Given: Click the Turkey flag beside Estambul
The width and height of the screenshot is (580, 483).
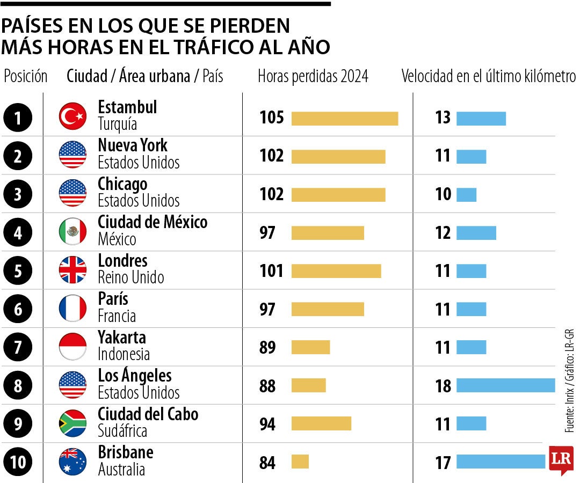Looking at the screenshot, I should pyautogui.click(x=73, y=117).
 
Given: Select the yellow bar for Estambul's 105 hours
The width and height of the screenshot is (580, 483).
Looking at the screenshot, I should pyautogui.click(x=344, y=118).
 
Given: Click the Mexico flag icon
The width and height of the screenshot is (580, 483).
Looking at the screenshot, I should pyautogui.click(x=73, y=232).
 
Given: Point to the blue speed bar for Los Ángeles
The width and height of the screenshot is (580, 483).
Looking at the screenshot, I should pyautogui.click(x=505, y=385).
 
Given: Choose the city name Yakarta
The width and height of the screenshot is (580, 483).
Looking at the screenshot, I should pyautogui.click(x=121, y=338).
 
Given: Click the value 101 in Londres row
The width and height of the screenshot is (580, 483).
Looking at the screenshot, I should pyautogui.click(x=271, y=271).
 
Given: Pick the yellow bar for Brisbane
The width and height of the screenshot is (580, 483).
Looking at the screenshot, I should pyautogui.click(x=300, y=462).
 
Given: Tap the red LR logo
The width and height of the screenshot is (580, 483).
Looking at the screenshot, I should pyautogui.click(x=561, y=460).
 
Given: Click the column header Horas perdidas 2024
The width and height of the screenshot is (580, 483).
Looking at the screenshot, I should pyautogui.click(x=313, y=77).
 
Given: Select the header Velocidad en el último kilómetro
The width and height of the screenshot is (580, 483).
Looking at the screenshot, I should pyautogui.click(x=488, y=77).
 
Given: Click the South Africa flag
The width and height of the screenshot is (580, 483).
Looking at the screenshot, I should pyautogui.click(x=73, y=423).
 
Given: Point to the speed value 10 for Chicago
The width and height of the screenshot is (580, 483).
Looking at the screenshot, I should pyautogui.click(x=443, y=194).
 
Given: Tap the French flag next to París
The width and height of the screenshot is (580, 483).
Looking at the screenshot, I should pyautogui.click(x=73, y=309).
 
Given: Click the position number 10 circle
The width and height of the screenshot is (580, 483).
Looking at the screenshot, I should pyautogui.click(x=18, y=462).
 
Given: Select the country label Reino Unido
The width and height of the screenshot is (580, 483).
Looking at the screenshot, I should pyautogui.click(x=130, y=278).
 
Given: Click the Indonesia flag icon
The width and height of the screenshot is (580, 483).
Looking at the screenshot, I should pyautogui.click(x=73, y=347).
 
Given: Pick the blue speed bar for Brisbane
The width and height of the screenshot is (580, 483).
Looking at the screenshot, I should pyautogui.click(x=501, y=462).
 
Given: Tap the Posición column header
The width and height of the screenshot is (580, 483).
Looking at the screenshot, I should pyautogui.click(x=26, y=77).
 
